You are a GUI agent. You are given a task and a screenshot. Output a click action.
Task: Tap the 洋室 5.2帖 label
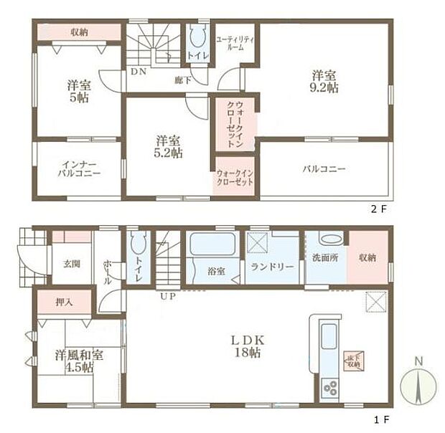(170, 146)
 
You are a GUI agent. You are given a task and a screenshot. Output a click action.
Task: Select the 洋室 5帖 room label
(78, 91)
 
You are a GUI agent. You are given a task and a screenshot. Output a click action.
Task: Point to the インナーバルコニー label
(80, 168)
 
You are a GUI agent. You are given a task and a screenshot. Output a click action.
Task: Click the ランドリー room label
(272, 267)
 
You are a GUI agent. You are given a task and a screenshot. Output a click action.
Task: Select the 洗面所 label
(325, 258)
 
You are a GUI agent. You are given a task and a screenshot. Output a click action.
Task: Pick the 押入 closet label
(64, 302)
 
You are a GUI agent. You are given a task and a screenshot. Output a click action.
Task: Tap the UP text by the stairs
(167, 295)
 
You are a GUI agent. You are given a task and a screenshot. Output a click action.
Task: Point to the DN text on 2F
(137, 72)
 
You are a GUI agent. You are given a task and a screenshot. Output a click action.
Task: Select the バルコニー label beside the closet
(324, 169)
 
